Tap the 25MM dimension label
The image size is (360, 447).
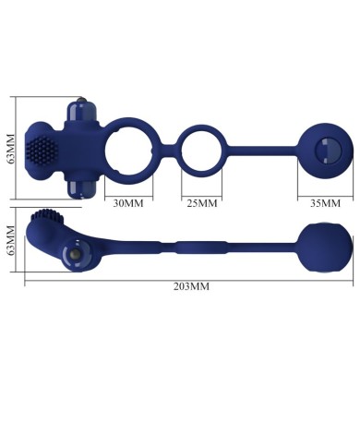tap(201, 201)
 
